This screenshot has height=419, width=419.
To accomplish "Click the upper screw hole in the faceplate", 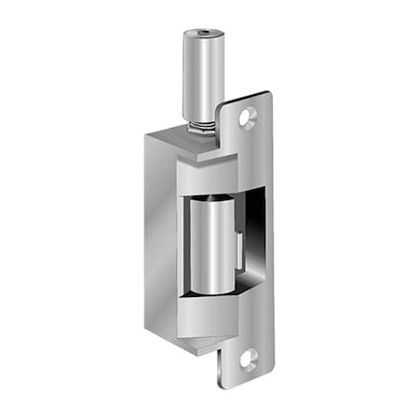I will pyautogui.click(x=248, y=118).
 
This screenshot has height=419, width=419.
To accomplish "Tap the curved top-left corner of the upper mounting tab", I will pyautogui.click(x=223, y=107).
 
